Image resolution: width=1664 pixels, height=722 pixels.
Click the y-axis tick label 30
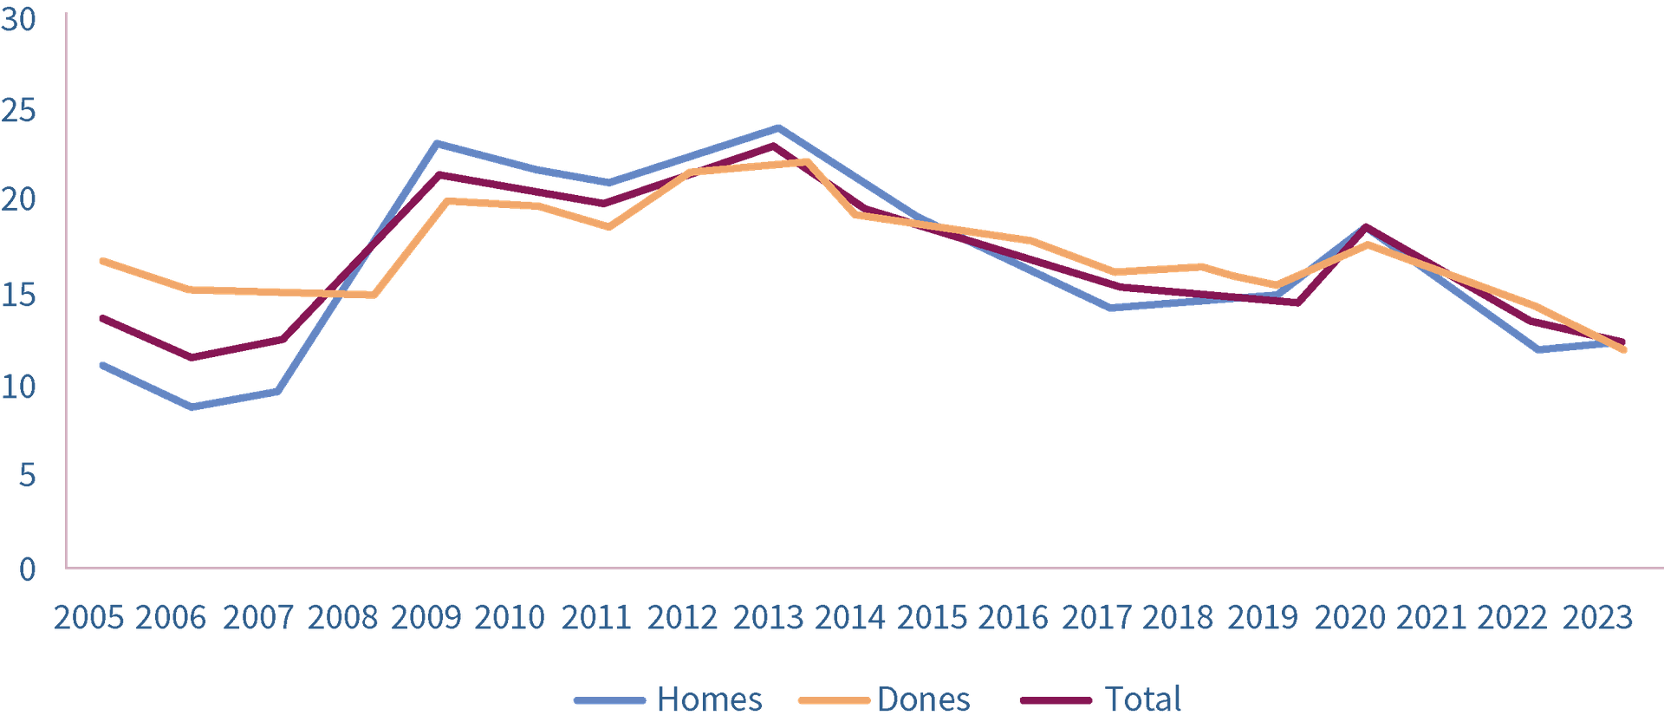(19, 19)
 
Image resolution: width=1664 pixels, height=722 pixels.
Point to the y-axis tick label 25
(19, 111)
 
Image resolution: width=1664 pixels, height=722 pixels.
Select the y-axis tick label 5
(27, 476)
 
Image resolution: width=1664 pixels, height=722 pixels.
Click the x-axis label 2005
(88, 618)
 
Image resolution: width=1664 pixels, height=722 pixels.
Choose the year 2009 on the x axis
(426, 618)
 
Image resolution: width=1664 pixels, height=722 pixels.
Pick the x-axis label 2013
(769, 618)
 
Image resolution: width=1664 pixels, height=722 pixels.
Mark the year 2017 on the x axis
(1096, 618)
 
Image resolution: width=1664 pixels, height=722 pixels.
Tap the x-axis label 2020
(1349, 618)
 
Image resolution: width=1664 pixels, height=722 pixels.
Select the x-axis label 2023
(1597, 618)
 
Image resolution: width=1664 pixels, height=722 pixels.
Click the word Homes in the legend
(710, 699)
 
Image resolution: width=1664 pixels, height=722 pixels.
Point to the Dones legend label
(924, 699)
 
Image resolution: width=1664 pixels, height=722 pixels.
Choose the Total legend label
(1143, 699)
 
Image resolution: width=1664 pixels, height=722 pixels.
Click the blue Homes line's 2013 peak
(777, 127)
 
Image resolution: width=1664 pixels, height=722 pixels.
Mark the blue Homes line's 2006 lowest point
(190, 407)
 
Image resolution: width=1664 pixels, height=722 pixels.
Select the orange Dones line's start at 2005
(102, 260)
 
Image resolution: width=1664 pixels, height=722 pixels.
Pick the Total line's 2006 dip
(190, 357)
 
